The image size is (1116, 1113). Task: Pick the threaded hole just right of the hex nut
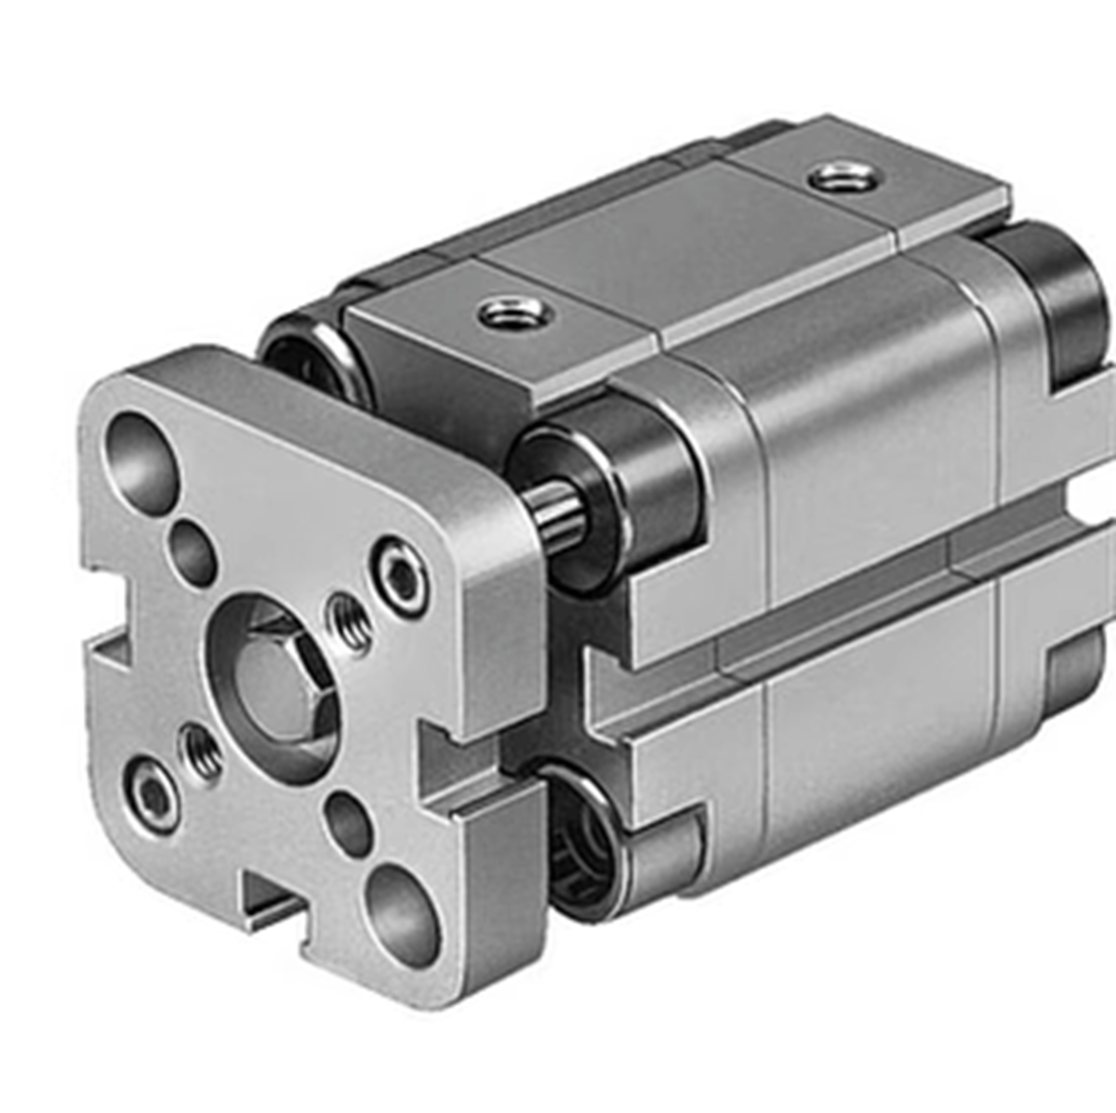[x=352, y=624]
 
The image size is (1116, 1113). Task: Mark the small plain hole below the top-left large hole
[x=193, y=553]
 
